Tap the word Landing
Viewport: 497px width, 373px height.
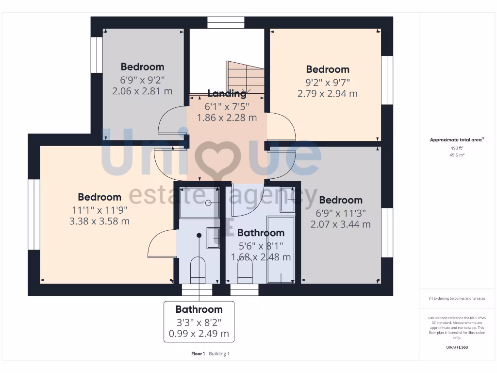[x=227, y=93]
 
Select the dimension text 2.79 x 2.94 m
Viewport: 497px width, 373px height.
[x=327, y=93]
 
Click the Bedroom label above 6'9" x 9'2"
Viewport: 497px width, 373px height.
[x=142, y=67]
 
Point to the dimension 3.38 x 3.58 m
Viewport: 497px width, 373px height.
[x=99, y=221]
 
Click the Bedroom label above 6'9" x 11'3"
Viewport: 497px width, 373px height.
[x=340, y=200]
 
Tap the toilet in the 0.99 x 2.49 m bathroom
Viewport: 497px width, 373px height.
[x=198, y=270]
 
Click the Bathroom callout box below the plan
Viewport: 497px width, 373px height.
[x=199, y=322]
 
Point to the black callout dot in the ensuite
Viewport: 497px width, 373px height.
[x=199, y=236]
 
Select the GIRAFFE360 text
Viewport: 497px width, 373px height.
[x=456, y=347]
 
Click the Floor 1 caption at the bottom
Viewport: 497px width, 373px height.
[x=198, y=354]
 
